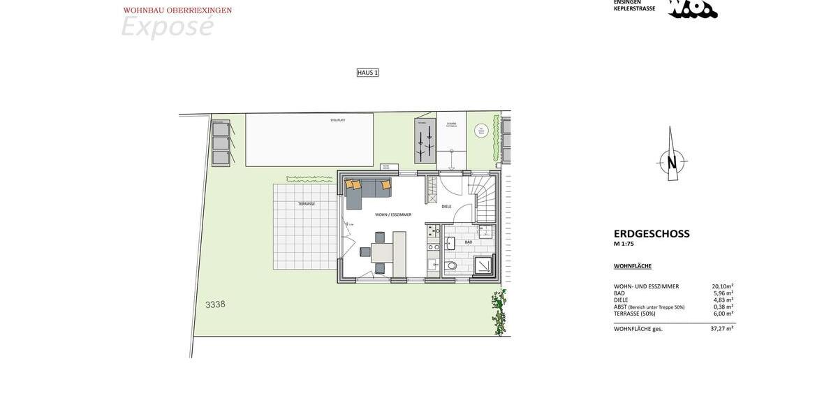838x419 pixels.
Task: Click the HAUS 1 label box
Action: tap(367, 73)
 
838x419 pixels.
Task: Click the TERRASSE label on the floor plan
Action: tap(307, 204)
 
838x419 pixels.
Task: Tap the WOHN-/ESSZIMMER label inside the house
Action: tap(393, 214)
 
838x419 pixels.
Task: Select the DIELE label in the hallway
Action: tap(446, 207)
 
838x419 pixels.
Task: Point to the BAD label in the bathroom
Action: tap(469, 242)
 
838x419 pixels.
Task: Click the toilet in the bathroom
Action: tap(450, 265)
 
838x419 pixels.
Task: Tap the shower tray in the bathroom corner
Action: tap(483, 265)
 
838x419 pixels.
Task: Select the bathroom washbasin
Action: tap(450, 243)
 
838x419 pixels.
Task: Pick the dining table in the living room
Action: tap(382, 252)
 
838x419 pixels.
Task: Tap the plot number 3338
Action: tap(215, 304)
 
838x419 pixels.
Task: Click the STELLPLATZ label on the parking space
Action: tap(338, 120)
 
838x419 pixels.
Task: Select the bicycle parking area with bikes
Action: tap(425, 140)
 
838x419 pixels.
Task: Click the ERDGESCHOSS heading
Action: tap(652, 234)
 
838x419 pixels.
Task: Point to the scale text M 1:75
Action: tap(624, 244)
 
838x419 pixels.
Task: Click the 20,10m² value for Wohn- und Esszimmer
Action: tap(722, 286)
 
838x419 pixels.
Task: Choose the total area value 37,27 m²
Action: tap(721, 329)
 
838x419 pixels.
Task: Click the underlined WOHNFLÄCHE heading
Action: tap(633, 266)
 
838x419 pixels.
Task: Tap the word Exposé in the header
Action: tap(167, 27)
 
